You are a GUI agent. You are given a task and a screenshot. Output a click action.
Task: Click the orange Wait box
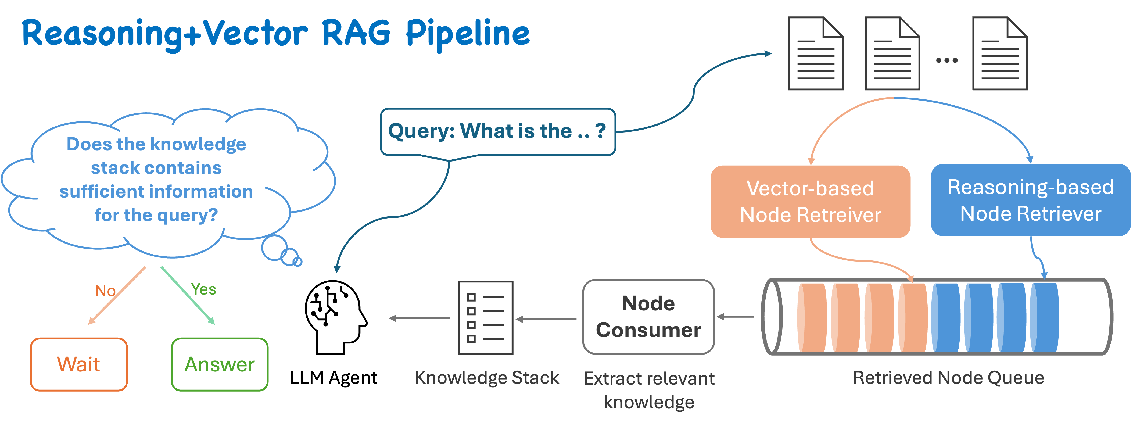pos(79,364)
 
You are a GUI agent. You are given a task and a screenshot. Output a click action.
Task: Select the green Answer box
pos(220,364)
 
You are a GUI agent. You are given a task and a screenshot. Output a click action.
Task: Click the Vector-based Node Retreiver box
pos(810,202)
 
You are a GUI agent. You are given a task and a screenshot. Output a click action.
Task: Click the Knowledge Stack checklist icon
pos(486,318)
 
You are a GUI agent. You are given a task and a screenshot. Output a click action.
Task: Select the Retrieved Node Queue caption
pos(948,378)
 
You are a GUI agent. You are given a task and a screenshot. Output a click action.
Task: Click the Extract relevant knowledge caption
pos(649,390)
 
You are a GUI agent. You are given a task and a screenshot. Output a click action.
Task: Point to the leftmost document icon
pos(815,54)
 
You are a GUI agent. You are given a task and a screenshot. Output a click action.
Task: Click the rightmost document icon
pos(999,54)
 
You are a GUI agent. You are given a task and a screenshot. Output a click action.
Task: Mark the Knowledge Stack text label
pos(487,378)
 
